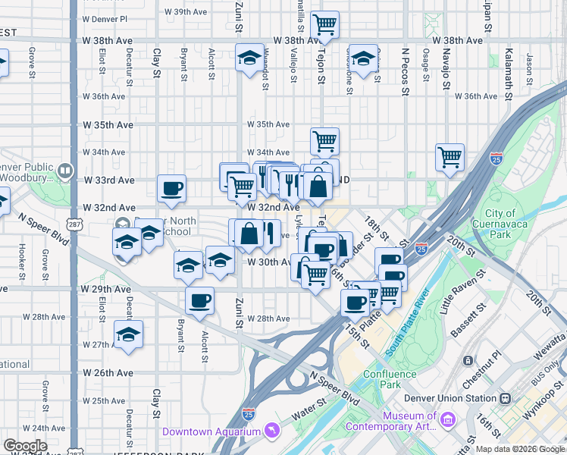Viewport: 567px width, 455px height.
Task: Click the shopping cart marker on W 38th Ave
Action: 324,25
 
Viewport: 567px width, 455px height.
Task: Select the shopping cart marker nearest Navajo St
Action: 450,157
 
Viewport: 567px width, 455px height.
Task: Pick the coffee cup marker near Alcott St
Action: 199,300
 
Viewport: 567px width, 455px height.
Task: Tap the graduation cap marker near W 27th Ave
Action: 129,333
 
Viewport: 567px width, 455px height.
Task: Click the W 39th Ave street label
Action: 190,12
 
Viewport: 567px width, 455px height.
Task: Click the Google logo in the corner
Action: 25,446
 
